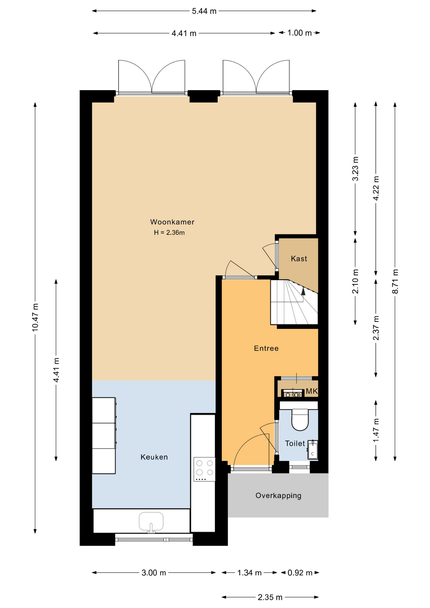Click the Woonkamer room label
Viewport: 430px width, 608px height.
tap(172, 222)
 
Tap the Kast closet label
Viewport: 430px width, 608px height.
tap(299, 259)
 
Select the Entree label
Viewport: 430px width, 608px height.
tap(266, 348)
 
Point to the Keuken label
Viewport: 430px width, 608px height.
tap(154, 457)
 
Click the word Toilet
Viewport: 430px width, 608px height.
tap(295, 443)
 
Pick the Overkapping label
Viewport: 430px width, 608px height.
tap(278, 496)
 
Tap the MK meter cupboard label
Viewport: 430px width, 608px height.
tap(312, 391)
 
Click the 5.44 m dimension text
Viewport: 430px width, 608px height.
tap(204, 11)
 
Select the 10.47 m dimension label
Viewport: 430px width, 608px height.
tap(35, 318)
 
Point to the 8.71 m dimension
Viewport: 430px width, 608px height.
tap(395, 282)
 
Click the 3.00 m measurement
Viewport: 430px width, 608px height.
tap(154, 573)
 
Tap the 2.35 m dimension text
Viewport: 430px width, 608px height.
tap(270, 597)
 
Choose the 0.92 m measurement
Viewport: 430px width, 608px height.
tap(300, 573)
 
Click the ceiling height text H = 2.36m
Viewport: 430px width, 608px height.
tap(169, 233)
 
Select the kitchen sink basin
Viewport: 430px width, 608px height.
tap(151, 521)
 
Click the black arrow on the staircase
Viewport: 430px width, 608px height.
tap(303, 291)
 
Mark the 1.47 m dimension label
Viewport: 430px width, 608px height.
tap(376, 430)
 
